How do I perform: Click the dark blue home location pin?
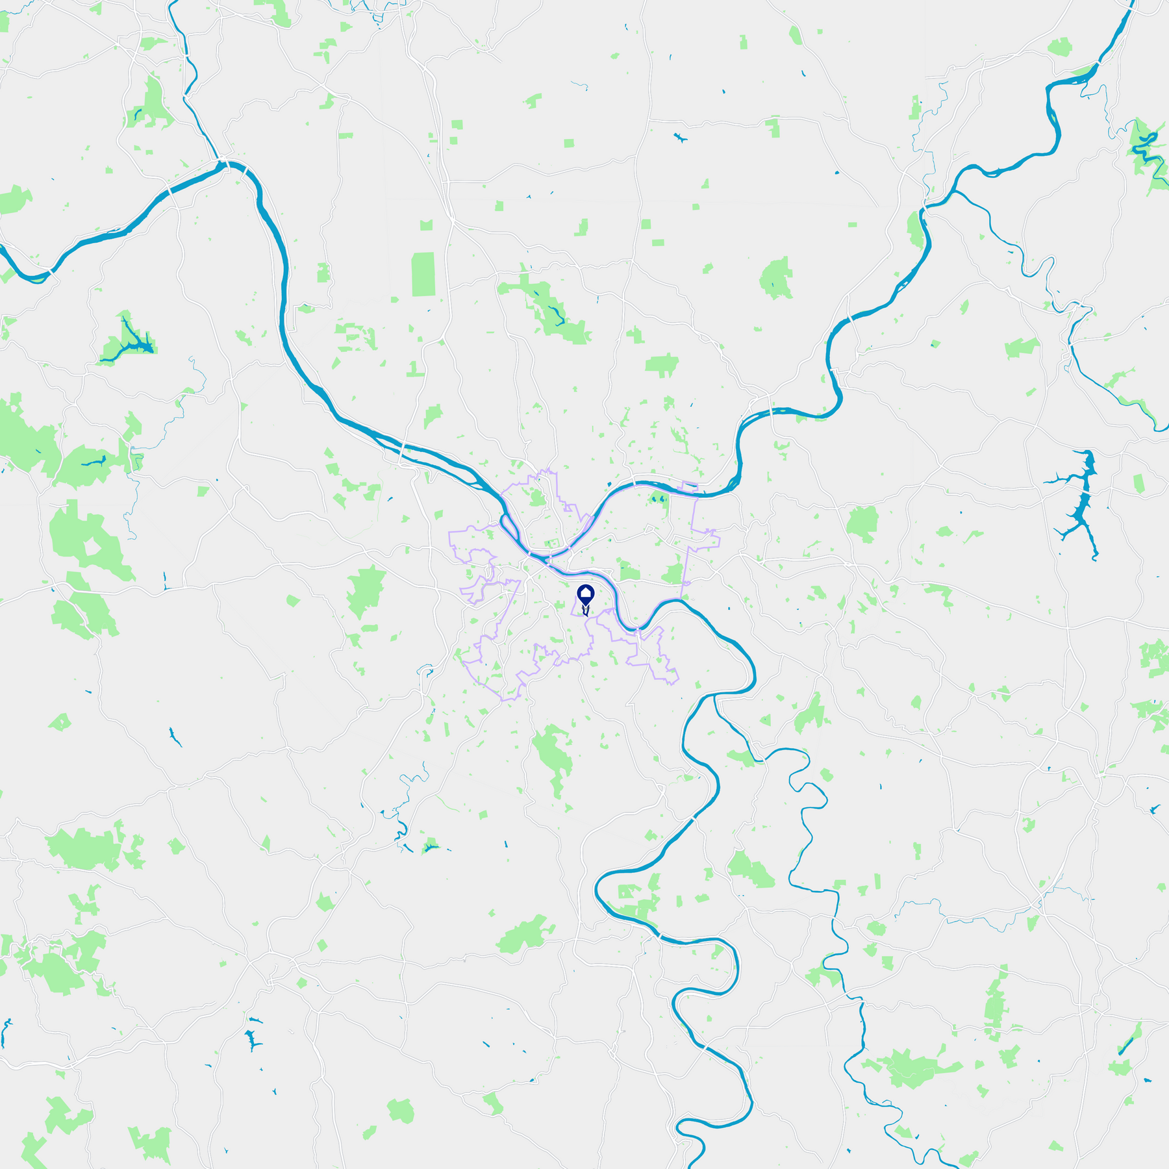point(586,594)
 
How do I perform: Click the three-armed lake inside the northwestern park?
point(130,341)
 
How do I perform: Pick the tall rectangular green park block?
point(423,274)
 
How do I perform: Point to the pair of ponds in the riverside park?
point(658,499)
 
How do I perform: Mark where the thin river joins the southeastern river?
point(715,696)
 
